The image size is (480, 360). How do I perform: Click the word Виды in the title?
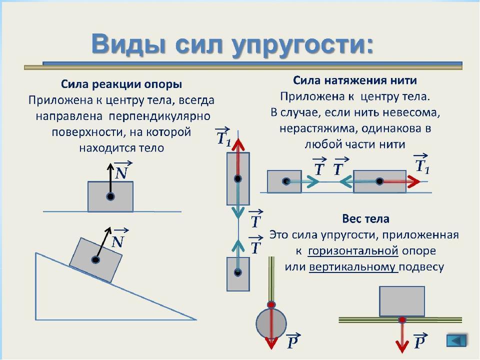tap(129, 44)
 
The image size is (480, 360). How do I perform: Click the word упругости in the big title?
tap(302, 46)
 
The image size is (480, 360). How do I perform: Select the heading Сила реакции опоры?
tap(121, 84)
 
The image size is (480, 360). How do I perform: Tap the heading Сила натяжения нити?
tap(355, 80)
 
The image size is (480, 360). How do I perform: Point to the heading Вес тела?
tap(365, 219)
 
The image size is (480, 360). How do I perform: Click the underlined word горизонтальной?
tap(353, 251)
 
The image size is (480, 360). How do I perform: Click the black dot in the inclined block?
tap(95, 260)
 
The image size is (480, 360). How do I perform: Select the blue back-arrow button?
tap(456, 340)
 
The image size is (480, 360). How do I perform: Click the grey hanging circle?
tap(271, 323)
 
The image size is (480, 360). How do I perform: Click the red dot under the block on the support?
tap(402, 320)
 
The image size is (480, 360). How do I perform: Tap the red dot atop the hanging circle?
tap(271, 305)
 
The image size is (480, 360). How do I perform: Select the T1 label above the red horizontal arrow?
tap(422, 163)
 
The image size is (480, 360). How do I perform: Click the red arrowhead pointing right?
tap(413, 181)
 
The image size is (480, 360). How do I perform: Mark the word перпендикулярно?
tap(159, 116)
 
